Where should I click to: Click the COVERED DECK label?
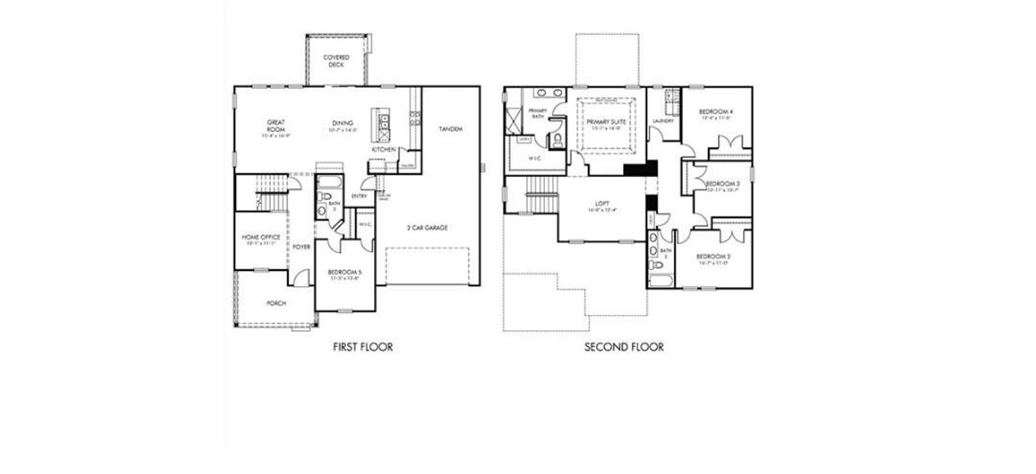[x=337, y=62]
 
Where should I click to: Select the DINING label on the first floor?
[x=342, y=123]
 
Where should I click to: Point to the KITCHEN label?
[x=383, y=149]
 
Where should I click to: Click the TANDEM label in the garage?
[x=451, y=129]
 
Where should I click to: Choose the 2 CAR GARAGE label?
[x=428, y=228]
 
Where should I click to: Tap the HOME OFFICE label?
[x=260, y=237]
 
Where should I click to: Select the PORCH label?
[x=276, y=303]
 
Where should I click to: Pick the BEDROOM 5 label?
[x=344, y=274]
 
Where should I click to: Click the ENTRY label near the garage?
[x=360, y=197]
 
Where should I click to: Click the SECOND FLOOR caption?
[x=624, y=346]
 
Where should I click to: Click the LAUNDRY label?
[x=663, y=121]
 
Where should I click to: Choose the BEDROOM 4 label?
[x=716, y=112]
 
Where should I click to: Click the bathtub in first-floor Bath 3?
[x=327, y=186]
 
